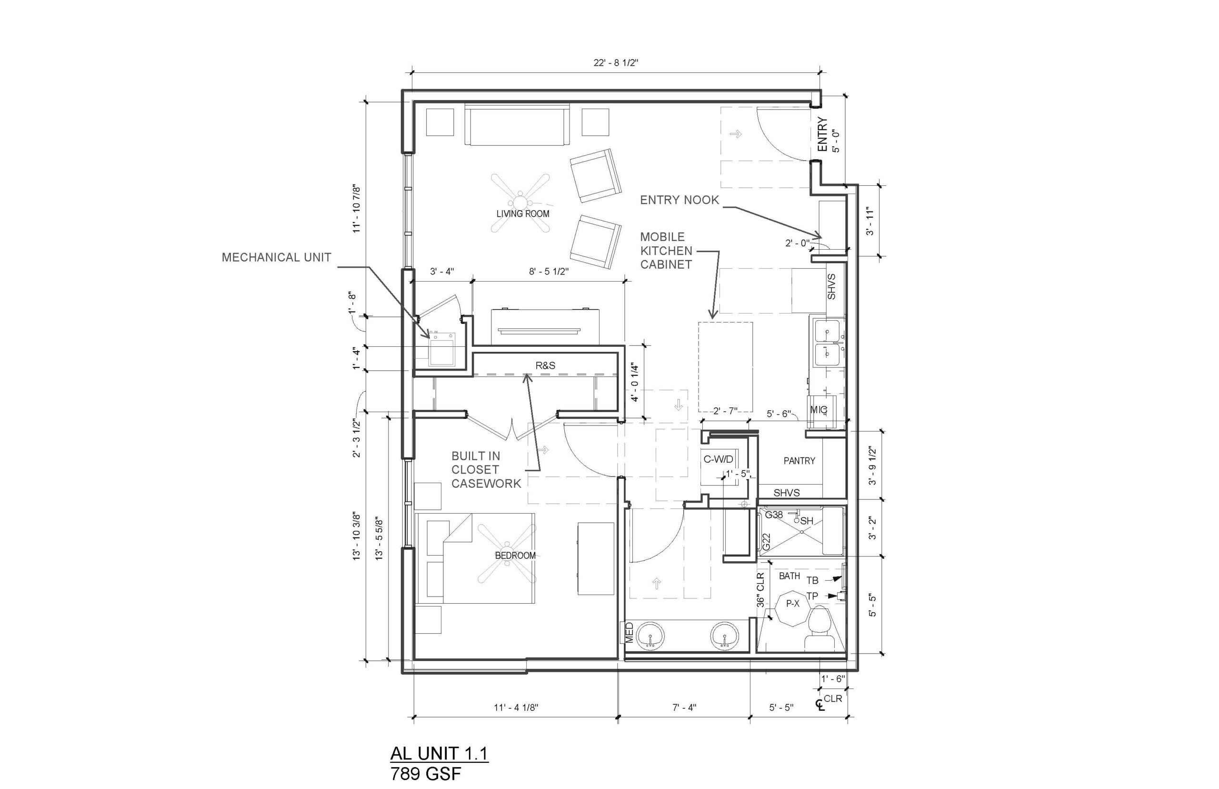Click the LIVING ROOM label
click(523, 213)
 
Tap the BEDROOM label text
click(515, 556)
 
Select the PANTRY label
click(799, 461)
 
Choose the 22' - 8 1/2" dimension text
click(616, 63)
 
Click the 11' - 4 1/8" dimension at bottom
click(516, 708)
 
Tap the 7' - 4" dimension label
click(685, 708)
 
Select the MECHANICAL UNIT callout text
click(277, 257)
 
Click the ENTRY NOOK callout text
click(679, 200)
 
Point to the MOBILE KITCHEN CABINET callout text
click(666, 251)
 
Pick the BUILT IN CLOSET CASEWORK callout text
click(486, 470)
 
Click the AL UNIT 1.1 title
click(440, 753)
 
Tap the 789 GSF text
click(426, 773)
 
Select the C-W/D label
click(718, 459)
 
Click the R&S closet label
click(545, 365)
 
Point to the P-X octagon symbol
click(793, 604)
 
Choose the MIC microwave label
click(819, 409)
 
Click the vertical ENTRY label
click(822, 134)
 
